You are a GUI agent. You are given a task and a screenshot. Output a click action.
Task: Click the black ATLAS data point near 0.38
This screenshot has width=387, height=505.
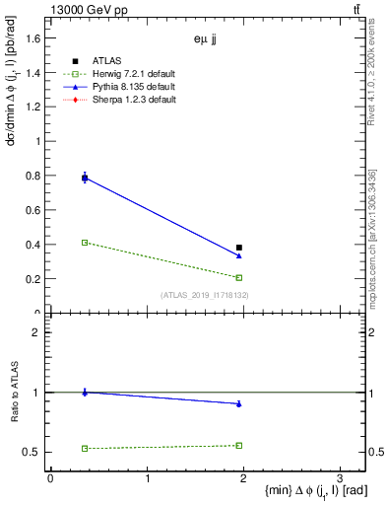[239, 248]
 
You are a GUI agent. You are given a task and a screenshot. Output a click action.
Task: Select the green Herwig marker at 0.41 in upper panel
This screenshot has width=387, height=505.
[85, 242]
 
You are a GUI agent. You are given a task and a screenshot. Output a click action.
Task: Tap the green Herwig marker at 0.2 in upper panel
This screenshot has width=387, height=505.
[239, 277]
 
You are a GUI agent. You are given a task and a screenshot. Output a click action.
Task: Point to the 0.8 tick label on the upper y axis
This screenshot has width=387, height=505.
[31, 175]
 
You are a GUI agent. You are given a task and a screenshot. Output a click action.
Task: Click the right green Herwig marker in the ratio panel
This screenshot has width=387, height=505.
[239, 445]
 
